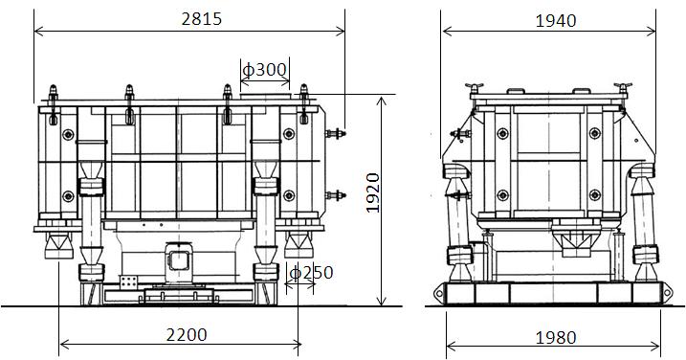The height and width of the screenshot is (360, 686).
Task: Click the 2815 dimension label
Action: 202,19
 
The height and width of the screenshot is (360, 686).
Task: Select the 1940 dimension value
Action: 556,20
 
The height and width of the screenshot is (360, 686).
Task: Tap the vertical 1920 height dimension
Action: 373,192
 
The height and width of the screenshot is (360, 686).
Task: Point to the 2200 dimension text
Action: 187,335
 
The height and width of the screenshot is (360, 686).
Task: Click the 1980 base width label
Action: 556,338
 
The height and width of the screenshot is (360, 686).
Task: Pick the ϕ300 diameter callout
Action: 265,69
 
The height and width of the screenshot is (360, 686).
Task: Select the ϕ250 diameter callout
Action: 312,273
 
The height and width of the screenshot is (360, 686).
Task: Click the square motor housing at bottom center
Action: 179,261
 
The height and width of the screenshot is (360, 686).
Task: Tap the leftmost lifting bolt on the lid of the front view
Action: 53,104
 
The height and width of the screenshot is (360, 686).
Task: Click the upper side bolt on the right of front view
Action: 336,134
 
